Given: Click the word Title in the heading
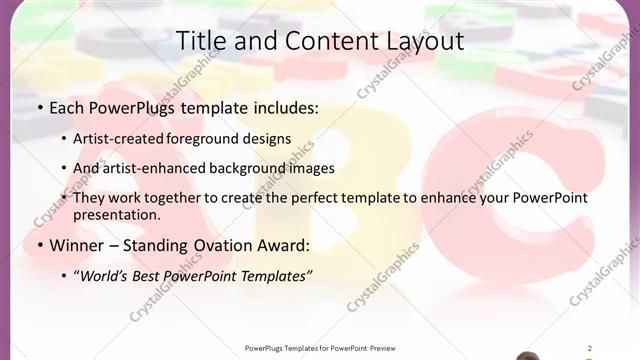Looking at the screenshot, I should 200,41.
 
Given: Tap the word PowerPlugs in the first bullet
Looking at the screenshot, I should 130,106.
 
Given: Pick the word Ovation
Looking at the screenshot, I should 221,245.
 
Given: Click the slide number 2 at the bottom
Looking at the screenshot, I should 590,348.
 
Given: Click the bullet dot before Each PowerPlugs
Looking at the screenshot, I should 39,107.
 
